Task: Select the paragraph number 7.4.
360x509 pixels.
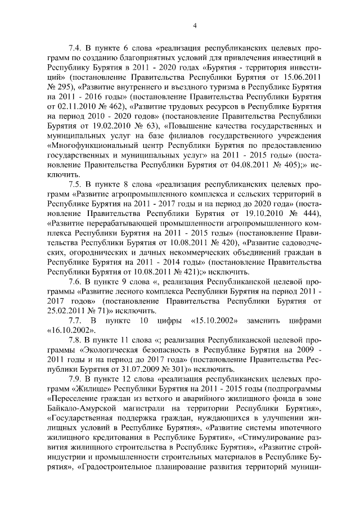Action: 75,48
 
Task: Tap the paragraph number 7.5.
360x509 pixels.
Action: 75,183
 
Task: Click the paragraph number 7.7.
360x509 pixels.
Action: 75,321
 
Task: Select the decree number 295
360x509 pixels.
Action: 61,87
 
